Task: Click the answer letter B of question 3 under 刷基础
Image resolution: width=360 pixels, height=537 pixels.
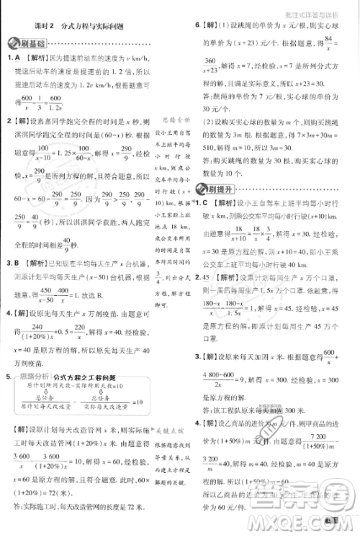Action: [x=16, y=263]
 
